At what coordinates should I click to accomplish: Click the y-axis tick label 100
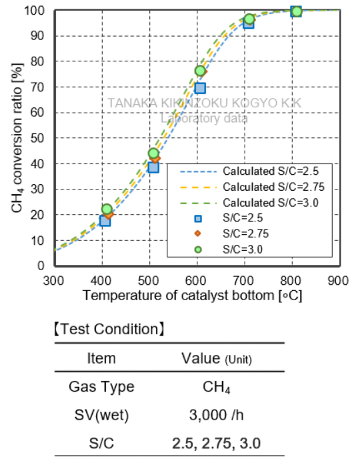tap(35, 11)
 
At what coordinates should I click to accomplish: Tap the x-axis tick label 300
tap(53, 280)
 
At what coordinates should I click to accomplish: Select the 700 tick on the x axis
tap(245, 280)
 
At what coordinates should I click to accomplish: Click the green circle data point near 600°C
tap(200, 71)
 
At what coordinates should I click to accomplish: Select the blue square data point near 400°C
tap(105, 220)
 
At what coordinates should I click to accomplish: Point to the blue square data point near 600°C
tap(200, 88)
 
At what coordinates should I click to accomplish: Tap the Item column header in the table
tap(101, 358)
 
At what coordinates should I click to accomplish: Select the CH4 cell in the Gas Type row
tap(217, 387)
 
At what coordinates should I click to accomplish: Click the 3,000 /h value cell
tap(217, 416)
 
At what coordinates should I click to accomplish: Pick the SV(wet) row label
tap(101, 416)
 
